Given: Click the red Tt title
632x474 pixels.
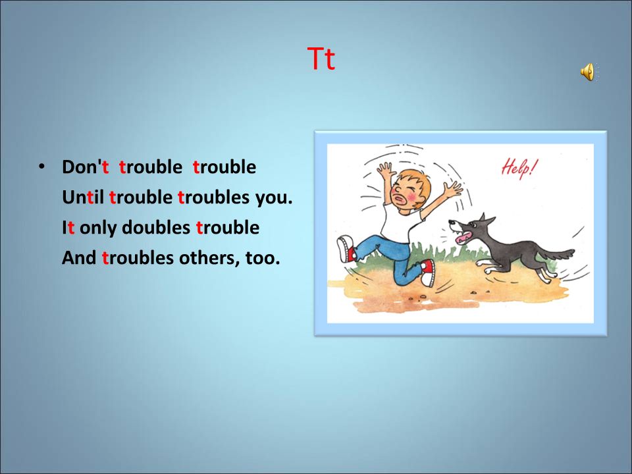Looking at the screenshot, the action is pos(321,59).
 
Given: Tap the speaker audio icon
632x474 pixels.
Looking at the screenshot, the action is pos(589,72).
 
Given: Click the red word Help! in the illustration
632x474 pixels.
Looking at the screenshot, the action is pos(519,168).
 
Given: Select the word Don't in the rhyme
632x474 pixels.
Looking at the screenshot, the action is pos(86,167).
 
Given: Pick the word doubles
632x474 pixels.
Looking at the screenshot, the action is pos(156,227).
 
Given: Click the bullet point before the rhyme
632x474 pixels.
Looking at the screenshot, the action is pos(41,166).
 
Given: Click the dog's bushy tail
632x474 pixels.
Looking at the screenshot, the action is pos(556,254).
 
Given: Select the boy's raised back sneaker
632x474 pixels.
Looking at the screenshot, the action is pos(346,249).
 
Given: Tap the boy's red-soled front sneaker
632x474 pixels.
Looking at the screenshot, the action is pos(428,273).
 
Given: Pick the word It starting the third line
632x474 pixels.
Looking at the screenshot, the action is pos(68,227).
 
